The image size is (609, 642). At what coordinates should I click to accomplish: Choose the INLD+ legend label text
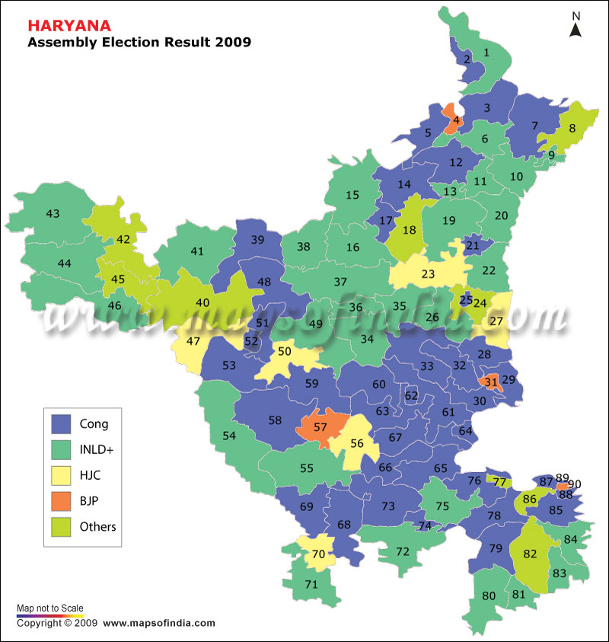click(97, 450)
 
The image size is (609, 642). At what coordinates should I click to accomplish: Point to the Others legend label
click(97, 526)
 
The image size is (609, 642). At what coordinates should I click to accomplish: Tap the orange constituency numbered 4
click(455, 120)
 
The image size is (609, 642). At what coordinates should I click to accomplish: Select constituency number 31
click(491, 382)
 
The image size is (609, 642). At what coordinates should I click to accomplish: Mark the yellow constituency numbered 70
click(318, 554)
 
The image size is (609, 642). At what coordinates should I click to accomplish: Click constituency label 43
click(53, 214)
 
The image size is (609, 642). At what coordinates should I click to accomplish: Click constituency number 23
click(429, 274)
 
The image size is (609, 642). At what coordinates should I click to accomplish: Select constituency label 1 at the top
click(486, 53)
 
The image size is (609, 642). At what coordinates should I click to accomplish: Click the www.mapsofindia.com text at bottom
click(158, 623)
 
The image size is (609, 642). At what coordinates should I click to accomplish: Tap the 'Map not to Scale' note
click(50, 608)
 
